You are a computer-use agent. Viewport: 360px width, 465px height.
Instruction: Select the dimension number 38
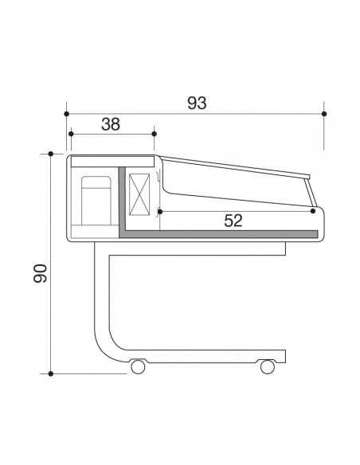tap(112, 123)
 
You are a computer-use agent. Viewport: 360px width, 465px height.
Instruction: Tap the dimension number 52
tap(233, 221)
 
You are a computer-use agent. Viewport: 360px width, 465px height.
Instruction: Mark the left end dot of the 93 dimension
tap(66, 114)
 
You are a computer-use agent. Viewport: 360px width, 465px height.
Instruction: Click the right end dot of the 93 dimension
tap(324, 114)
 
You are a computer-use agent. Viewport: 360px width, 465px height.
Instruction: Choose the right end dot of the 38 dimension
tap(154, 134)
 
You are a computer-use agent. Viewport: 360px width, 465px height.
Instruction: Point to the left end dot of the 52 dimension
tap(160, 211)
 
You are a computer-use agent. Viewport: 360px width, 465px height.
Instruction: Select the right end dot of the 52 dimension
tap(313, 211)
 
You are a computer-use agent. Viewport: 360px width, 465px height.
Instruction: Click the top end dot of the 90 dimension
tap(51, 153)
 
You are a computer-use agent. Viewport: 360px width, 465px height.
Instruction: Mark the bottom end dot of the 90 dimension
tap(51, 372)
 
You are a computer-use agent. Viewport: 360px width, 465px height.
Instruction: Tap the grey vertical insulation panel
tap(122, 199)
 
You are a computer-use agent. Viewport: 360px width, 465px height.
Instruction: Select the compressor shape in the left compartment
tap(96, 199)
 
